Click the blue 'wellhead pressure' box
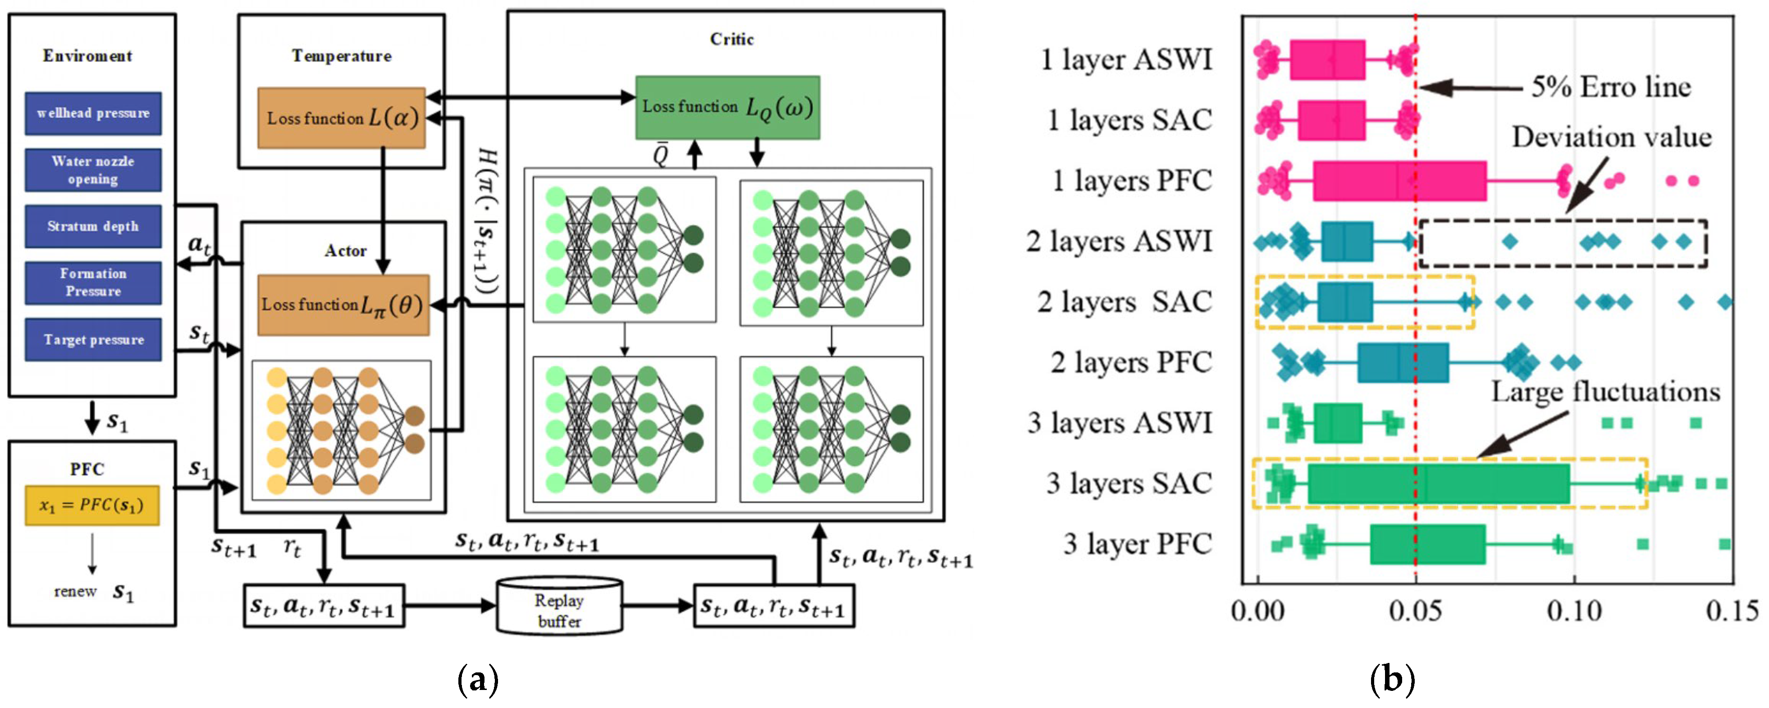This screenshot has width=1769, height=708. [x=93, y=113]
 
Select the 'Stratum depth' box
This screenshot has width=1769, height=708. [x=93, y=226]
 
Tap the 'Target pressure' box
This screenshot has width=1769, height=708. [x=93, y=339]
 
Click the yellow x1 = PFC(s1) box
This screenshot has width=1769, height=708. [x=92, y=505]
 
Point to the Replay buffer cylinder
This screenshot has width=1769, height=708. [x=560, y=606]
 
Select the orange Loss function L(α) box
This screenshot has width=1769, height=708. [x=341, y=118]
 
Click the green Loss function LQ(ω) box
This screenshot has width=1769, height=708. [x=727, y=108]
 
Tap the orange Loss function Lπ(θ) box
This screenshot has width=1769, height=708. [x=343, y=305]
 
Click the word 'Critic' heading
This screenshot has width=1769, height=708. [x=731, y=39]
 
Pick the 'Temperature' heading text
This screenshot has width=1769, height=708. [x=341, y=55]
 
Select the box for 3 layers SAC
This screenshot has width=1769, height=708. [x=1438, y=484]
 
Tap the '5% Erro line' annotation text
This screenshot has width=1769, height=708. [x=1610, y=87]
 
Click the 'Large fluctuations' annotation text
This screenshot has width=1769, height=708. [x=1605, y=392]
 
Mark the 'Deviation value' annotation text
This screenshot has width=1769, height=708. [x=1611, y=137]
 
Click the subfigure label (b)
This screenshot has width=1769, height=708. [x=1392, y=680]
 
